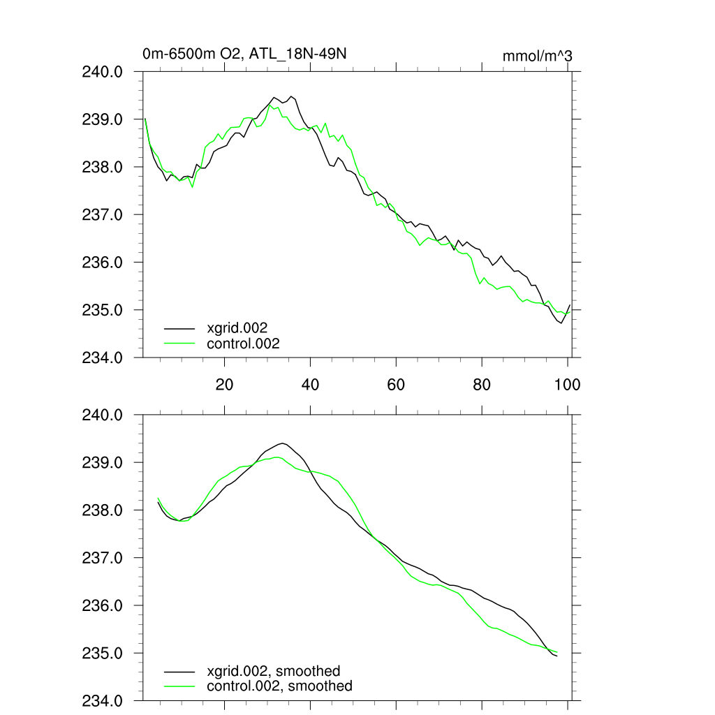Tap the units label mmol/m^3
pyautogui.click(x=537, y=56)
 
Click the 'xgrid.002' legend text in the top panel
pyautogui.click(x=237, y=327)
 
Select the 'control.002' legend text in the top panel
pyautogui.click(x=243, y=344)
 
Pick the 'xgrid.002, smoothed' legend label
pyautogui.click(x=274, y=671)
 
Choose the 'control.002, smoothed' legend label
pyautogui.click(x=279, y=686)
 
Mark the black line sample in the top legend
pyautogui.click(x=179, y=327)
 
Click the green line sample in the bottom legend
pyautogui.click(x=179, y=686)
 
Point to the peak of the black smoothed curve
pyautogui.click(x=282, y=443)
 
